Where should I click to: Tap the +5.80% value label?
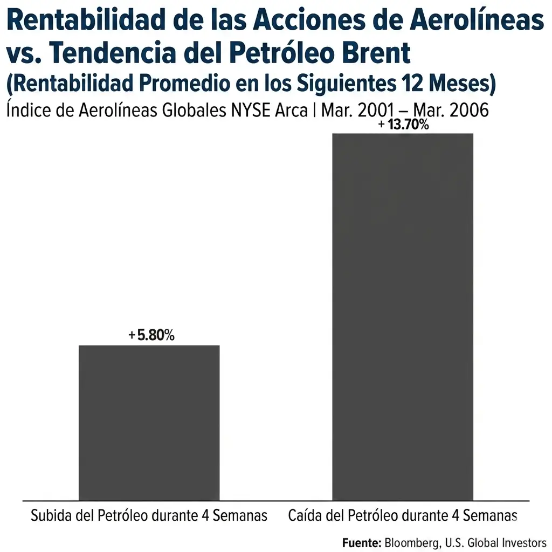[x=151, y=335]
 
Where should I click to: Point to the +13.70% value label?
[x=404, y=126]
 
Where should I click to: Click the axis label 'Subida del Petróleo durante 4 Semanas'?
[x=149, y=515]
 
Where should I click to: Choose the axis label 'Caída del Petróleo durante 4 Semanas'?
[x=403, y=515]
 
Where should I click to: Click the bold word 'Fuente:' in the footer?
[x=362, y=542]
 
